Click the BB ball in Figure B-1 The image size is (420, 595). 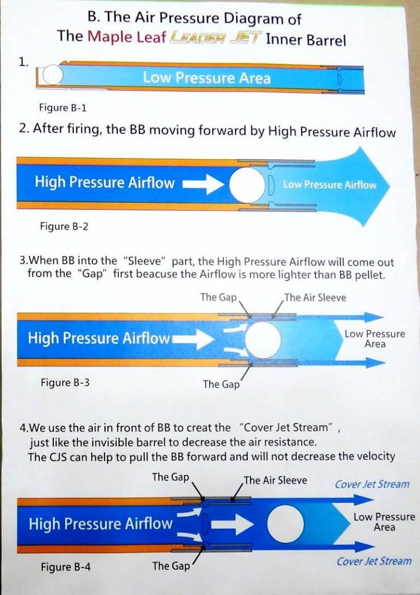[52, 75]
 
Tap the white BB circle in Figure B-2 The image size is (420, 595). [247, 185]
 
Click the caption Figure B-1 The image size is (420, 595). [63, 107]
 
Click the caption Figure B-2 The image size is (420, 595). [64, 227]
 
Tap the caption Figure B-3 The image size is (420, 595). [65, 382]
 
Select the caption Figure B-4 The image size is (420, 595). [66, 567]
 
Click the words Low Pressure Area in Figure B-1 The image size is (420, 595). [207, 78]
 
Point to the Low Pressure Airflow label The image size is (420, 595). [330, 185]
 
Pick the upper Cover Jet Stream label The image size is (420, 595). [372, 484]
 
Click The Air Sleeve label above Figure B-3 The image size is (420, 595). [315, 297]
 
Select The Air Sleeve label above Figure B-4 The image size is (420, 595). [276, 481]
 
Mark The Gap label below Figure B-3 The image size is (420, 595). [221, 384]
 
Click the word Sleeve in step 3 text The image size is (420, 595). [146, 262]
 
